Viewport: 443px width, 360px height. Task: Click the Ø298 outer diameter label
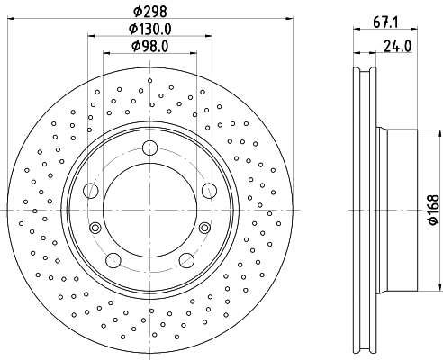coord(149,12)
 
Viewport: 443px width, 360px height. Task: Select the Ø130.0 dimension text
coord(150,29)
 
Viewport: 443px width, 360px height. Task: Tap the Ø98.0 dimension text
coord(150,46)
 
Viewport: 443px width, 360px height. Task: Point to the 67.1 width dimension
coord(385,22)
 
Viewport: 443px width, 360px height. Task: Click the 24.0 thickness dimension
coord(398,47)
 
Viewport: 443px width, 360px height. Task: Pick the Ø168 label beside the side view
coord(434,210)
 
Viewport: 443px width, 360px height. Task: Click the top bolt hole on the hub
coord(149,148)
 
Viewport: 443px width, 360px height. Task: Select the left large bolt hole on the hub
coord(91,191)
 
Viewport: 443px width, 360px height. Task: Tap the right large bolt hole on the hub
coord(209,191)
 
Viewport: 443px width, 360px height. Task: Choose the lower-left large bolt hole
coord(113,260)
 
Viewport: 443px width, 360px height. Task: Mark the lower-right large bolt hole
coord(186,260)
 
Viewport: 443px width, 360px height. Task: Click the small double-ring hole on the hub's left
coord(95,228)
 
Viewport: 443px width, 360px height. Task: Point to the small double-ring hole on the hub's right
coord(204,228)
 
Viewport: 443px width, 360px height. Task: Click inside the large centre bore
coord(149,210)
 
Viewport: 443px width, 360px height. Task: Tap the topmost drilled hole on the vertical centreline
coord(149,80)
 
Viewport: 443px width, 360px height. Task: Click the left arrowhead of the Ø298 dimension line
coord(11,19)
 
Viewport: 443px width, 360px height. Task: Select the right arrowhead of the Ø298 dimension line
coord(289,19)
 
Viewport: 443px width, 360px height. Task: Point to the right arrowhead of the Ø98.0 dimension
coord(194,53)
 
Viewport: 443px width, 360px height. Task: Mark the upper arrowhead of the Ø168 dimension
coord(440,134)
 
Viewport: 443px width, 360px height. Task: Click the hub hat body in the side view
coord(402,210)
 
